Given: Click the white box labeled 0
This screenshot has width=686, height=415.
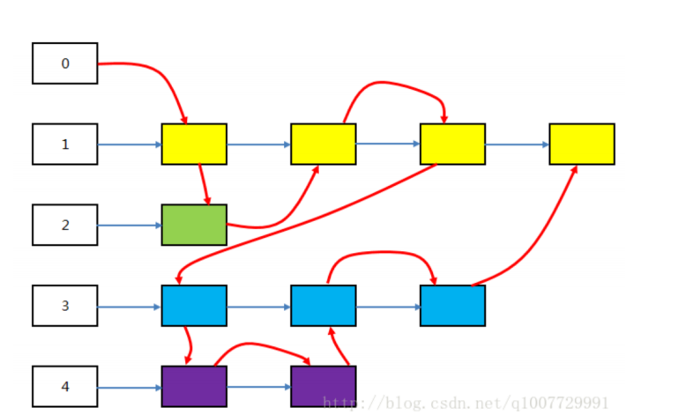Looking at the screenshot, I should click(x=65, y=63).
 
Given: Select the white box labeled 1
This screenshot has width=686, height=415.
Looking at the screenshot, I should click(x=65, y=144).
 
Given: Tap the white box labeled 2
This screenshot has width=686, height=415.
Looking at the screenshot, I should click(x=65, y=225).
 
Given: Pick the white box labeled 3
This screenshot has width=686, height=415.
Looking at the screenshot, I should click(x=65, y=306).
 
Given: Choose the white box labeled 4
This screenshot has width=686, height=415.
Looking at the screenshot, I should click(x=65, y=386).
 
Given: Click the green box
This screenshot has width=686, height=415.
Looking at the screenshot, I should click(x=194, y=225).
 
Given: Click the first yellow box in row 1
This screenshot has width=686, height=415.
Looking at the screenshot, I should click(x=194, y=144).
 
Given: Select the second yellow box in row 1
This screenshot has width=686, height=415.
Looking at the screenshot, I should click(x=324, y=144).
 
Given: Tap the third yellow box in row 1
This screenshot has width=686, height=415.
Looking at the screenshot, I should click(x=452, y=144).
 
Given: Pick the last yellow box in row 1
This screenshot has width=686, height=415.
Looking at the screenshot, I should click(x=582, y=144).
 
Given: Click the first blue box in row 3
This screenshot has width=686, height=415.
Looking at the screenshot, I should click(x=194, y=306).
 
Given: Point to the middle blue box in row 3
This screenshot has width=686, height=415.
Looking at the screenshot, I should click(x=324, y=306).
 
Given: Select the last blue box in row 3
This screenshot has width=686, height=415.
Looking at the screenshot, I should click(x=452, y=306).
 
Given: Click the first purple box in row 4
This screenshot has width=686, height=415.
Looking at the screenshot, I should click(x=194, y=386).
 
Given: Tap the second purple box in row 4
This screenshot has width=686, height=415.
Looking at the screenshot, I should click(x=324, y=386).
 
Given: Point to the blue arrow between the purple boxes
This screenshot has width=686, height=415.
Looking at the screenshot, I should click(x=259, y=387).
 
